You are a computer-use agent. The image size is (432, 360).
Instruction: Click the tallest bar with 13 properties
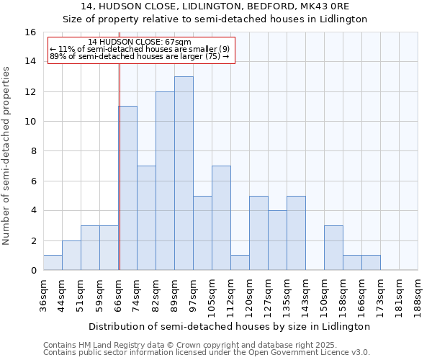(184, 173)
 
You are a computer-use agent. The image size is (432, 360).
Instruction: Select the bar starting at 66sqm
(128, 188)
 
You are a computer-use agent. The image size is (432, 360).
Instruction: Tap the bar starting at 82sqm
(165, 181)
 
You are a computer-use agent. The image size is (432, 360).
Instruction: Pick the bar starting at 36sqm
(53, 263)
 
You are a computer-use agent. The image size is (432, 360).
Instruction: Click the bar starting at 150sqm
(333, 248)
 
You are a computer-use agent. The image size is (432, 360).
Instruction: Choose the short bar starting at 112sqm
(240, 263)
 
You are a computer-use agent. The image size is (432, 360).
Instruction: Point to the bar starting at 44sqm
(71, 256)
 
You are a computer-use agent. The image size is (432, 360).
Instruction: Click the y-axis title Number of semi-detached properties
(6, 155)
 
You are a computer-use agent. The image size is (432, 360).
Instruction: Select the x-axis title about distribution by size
(230, 326)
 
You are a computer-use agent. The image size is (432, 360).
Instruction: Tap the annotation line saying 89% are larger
(140, 56)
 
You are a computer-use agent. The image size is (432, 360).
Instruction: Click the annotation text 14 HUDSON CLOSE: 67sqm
(140, 42)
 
